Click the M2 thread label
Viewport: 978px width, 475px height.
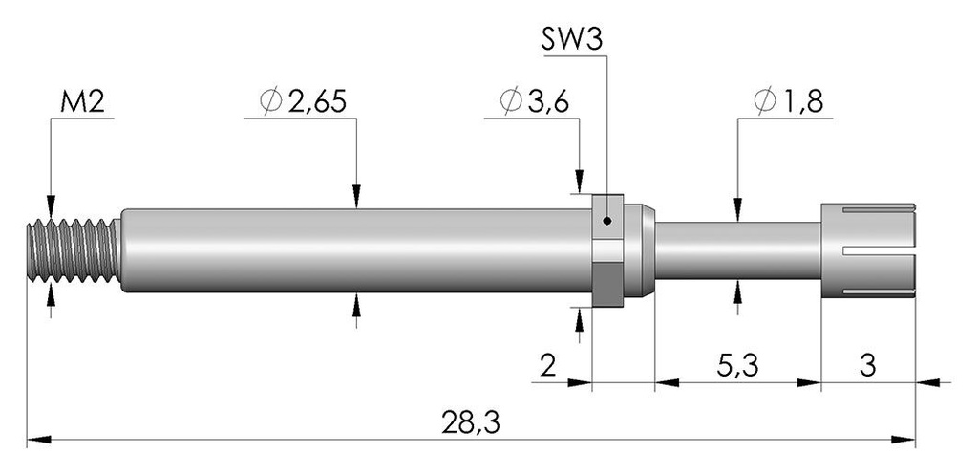tap(82, 102)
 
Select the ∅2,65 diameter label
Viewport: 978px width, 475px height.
tap(303, 101)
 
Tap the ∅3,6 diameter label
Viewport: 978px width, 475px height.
tap(534, 101)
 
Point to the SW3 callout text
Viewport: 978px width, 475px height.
tap(571, 40)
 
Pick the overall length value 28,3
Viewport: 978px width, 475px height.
tap(471, 423)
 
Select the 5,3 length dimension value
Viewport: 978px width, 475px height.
tap(737, 366)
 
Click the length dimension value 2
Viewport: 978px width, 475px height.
tap(547, 366)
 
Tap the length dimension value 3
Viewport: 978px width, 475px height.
tap(867, 366)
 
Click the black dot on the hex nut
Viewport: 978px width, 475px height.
tap(606, 221)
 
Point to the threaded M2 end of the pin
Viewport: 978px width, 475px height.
tap(74, 250)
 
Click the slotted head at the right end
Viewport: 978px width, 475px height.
tap(868, 250)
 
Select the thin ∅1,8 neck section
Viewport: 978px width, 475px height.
tap(737, 250)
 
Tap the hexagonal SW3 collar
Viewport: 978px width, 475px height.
tap(607, 250)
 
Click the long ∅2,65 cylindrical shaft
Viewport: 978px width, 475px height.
tap(356, 250)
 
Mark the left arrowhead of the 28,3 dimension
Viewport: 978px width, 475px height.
tap(38, 440)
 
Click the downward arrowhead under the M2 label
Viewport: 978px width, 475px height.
tap(51, 206)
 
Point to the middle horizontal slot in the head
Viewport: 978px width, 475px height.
tap(879, 251)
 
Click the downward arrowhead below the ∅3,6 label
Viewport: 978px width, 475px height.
tap(580, 182)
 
